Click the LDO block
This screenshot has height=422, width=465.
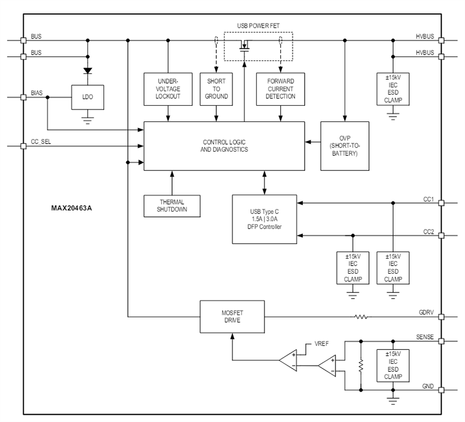[x=88, y=96]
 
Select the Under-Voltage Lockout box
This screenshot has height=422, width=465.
[x=168, y=89]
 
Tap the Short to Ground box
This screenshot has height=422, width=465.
[x=216, y=89]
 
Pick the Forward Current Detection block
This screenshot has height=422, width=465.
[x=281, y=89]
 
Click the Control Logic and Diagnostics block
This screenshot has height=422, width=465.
[x=224, y=146]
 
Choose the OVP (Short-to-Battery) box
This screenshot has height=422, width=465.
[x=344, y=146]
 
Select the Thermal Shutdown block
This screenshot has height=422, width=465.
[x=172, y=206]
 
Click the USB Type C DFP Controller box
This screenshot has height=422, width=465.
[x=264, y=219]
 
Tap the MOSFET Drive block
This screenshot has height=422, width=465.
[x=231, y=317]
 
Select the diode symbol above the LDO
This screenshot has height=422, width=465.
[x=88, y=71]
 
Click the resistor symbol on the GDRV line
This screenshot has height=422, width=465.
[x=362, y=317]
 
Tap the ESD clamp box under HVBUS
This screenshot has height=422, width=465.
[x=393, y=89]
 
